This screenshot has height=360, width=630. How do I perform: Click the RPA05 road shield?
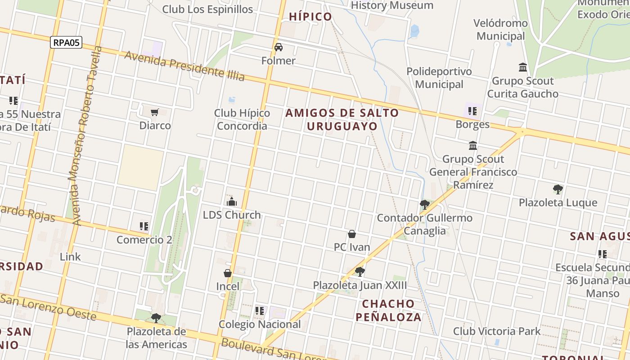(66, 43)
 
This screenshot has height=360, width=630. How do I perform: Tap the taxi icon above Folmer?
(279, 47)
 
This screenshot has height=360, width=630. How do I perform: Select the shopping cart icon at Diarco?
(155, 112)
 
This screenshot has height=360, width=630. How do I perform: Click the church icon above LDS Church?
(232, 202)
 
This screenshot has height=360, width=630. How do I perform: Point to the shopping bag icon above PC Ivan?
(352, 234)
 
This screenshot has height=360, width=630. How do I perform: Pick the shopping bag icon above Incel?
(228, 273)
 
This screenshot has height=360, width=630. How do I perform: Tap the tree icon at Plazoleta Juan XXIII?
(360, 271)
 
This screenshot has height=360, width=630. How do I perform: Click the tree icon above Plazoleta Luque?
(558, 189)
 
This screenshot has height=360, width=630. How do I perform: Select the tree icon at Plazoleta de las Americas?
(156, 318)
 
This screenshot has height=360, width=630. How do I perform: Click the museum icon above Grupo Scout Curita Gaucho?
(523, 67)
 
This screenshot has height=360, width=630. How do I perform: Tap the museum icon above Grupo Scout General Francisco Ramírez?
(473, 146)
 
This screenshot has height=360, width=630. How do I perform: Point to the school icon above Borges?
(472, 111)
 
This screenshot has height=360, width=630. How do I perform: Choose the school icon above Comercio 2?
(144, 226)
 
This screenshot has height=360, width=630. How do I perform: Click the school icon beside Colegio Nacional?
(260, 310)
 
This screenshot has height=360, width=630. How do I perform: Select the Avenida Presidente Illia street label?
(184, 66)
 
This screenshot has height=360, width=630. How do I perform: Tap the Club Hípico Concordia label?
(242, 119)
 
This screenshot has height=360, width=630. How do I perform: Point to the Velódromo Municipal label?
(500, 29)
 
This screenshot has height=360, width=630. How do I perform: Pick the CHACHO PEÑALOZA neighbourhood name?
(388, 310)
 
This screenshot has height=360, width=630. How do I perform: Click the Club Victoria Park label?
(497, 331)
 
